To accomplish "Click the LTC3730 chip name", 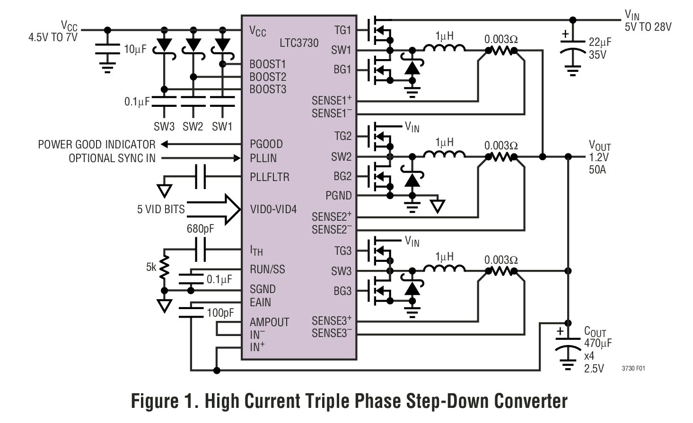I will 299,43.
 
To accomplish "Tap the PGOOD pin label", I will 266,144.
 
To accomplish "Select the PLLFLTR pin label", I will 269,177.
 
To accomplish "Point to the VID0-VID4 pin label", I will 273,209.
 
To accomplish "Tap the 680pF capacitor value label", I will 200,229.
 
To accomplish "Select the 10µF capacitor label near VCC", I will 135,49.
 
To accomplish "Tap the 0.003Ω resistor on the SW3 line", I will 500,271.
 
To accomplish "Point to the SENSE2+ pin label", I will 331,217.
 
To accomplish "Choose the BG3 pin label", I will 342,291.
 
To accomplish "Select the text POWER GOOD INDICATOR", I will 96,145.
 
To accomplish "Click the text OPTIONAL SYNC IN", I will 112,158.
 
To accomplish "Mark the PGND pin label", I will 338,195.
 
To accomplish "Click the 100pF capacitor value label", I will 220,313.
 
